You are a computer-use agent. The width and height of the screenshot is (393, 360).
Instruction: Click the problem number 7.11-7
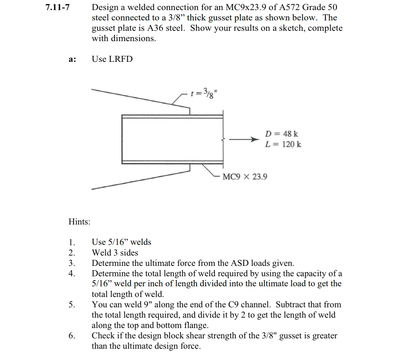[57, 7]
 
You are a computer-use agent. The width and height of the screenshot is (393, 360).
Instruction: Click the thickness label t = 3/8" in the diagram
[204, 92]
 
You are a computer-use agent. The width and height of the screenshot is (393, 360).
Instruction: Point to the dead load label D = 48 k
[281, 134]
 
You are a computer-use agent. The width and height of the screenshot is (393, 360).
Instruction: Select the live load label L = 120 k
[283, 144]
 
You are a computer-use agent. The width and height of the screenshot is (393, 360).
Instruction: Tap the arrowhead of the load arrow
[254, 140]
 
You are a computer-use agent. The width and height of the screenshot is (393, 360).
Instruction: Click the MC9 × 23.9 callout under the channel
[245, 177]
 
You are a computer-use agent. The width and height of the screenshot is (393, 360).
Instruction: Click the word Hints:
[79, 222]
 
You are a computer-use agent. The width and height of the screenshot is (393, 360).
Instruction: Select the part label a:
[72, 59]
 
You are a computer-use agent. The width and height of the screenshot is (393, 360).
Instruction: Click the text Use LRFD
[112, 59]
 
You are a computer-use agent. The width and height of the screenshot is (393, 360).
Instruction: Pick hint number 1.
[72, 242]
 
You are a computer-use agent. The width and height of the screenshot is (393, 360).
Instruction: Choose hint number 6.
[72, 336]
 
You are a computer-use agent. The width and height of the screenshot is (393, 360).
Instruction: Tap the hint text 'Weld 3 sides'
[115, 253]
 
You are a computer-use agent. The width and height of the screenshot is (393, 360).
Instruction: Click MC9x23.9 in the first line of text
[246, 7]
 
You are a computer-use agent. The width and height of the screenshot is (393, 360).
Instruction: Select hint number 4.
[72, 274]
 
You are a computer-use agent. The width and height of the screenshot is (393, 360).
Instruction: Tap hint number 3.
[72, 263]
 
